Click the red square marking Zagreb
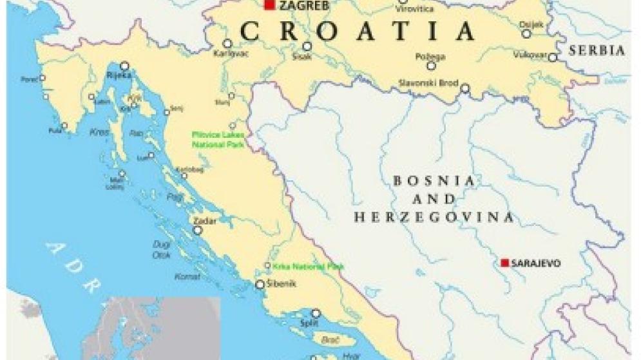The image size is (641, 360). coord(269,6)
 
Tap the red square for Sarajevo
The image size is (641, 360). coord(505,263)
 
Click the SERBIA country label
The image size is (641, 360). coord(597,51)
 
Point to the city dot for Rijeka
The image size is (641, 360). coord(124,66)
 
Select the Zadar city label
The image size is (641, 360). coord(206,220)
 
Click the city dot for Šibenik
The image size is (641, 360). coord(260,284)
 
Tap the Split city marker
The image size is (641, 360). coord(316,314)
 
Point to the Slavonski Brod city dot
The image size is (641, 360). coord(465,88)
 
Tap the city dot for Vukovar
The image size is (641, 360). coord(553,57)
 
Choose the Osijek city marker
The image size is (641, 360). coord(526,33)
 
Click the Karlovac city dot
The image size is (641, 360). coord(227,43)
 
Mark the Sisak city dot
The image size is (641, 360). coord(307,46)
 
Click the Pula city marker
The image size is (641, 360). coord(64,126)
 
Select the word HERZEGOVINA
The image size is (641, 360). coord(434,218)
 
